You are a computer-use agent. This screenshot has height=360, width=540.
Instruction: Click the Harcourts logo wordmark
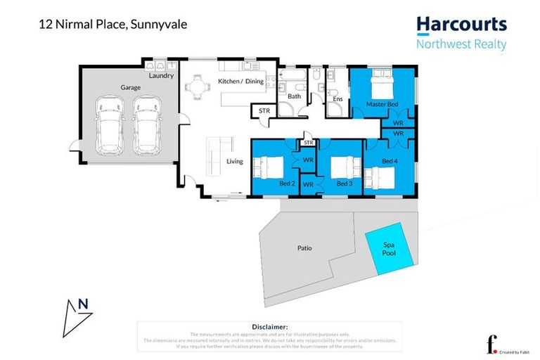coord(461,25)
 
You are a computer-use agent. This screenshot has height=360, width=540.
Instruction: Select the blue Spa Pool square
coord(388,248)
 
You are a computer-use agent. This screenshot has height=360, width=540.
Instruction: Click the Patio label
coord(304,248)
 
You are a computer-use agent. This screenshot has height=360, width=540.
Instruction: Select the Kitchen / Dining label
coord(241,82)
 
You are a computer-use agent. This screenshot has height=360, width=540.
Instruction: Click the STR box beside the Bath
coord(264,111)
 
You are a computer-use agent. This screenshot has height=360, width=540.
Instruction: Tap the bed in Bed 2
coord(268,169)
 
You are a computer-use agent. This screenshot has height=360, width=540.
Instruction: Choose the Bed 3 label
coord(344,184)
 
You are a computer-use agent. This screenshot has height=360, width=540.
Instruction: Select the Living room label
coord(234,161)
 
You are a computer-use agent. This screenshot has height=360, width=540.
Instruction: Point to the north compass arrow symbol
coord(74,315)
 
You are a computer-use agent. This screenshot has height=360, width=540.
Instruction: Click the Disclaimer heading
coord(269,327)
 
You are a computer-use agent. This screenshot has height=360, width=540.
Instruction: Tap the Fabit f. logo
coord(491,344)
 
